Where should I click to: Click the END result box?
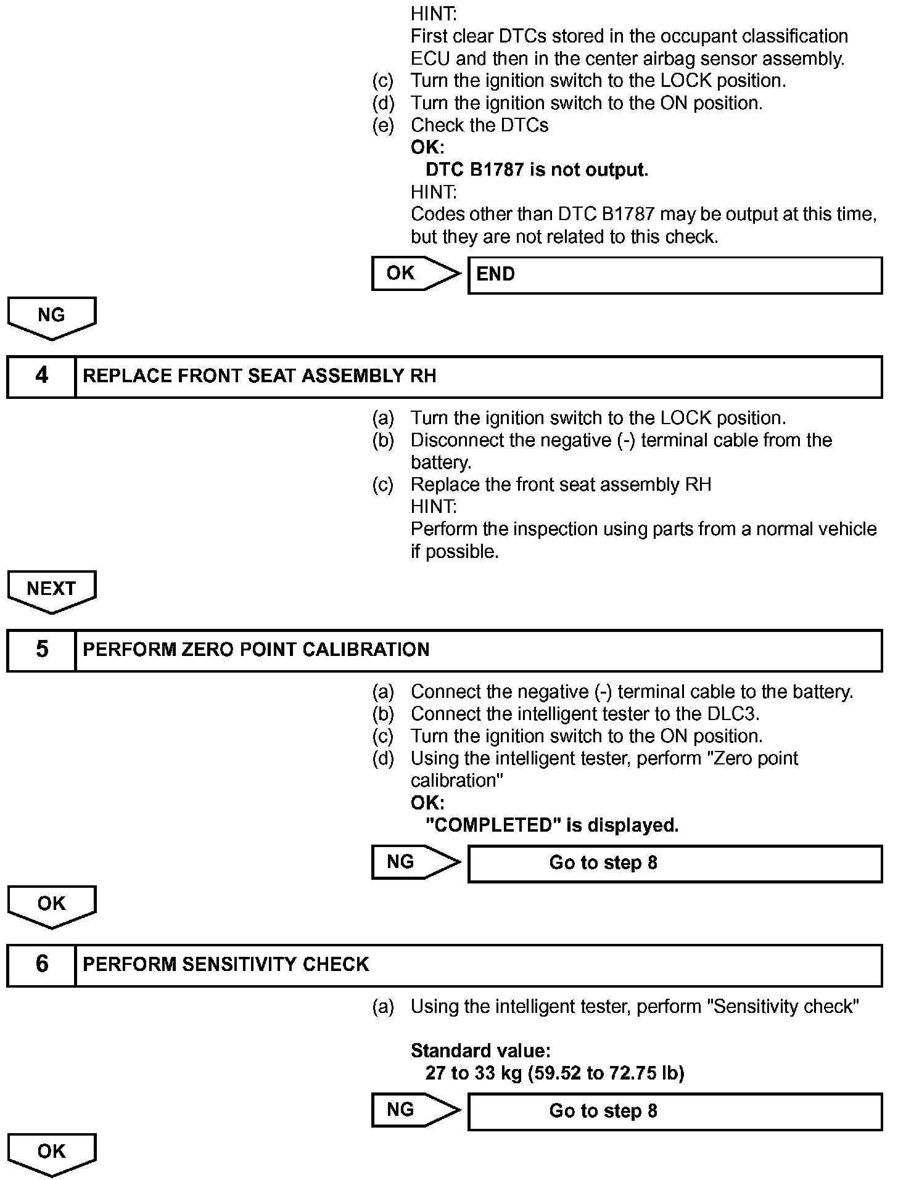pyautogui.click(x=675, y=275)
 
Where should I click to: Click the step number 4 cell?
pyautogui.click(x=41, y=376)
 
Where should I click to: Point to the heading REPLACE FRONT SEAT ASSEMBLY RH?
pyautogui.click(x=259, y=376)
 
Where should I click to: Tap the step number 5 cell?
pyautogui.click(x=41, y=650)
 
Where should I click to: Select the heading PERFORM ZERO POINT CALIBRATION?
pyautogui.click(x=256, y=650)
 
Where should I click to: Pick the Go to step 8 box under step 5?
pyautogui.click(x=675, y=863)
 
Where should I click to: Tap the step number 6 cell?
pyautogui.click(x=41, y=964)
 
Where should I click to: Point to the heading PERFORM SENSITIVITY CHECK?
pyautogui.click(x=226, y=964)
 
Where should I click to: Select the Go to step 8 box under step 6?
pyautogui.click(x=675, y=1111)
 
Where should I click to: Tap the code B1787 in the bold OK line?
pyautogui.click(x=497, y=170)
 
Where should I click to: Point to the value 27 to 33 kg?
pyautogui.click(x=474, y=1073)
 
